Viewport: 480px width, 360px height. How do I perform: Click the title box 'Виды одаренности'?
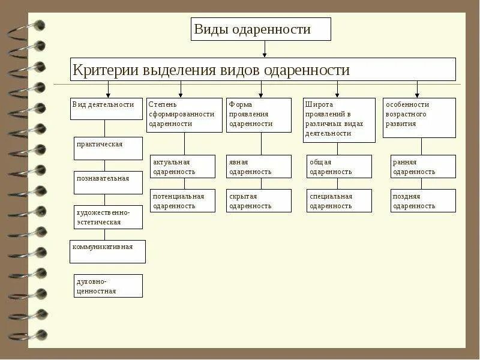(x=260, y=29)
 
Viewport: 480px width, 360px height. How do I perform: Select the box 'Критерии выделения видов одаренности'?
(x=263, y=70)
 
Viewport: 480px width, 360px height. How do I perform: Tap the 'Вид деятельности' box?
(x=107, y=109)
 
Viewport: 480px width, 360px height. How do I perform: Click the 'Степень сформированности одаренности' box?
(x=184, y=115)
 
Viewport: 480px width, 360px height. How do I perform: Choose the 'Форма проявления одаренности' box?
(x=261, y=115)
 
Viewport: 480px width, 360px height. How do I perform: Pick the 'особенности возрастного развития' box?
(x=419, y=118)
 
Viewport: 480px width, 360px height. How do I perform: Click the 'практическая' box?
(x=108, y=148)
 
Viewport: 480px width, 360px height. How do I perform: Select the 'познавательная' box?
(x=108, y=182)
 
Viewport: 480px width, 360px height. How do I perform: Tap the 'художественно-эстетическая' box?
(x=108, y=217)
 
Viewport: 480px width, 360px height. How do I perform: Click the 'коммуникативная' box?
(x=107, y=251)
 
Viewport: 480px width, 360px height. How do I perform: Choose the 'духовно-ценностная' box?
(x=108, y=286)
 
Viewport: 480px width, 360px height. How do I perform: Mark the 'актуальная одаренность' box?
(x=182, y=166)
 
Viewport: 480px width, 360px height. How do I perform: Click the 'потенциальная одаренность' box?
(x=182, y=200)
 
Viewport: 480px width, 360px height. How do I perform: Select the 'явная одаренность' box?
(x=259, y=166)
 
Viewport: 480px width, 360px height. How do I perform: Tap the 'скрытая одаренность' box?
(x=259, y=200)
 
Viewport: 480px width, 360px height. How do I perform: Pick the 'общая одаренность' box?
(x=339, y=166)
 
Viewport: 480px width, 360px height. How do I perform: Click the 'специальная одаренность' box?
(x=339, y=200)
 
